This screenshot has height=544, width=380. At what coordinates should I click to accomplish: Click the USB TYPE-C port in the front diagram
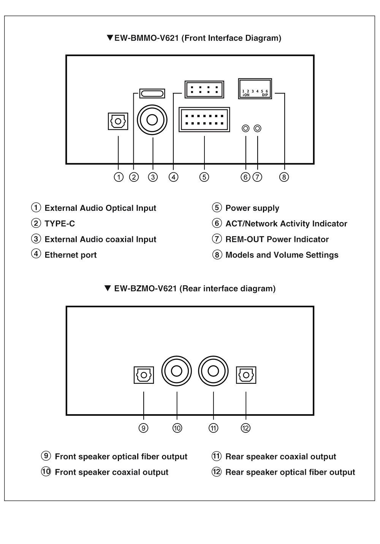152,93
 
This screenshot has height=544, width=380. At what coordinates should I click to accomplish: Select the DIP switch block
255,89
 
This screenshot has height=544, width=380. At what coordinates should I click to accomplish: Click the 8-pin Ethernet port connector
204,90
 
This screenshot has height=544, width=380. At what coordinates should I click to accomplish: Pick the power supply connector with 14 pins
204,120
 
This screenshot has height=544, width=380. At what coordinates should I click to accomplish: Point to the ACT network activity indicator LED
245,128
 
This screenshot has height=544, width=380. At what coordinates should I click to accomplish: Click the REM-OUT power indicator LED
258,128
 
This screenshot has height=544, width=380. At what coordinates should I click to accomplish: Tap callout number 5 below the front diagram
204,177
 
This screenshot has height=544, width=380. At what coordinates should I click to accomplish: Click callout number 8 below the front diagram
284,177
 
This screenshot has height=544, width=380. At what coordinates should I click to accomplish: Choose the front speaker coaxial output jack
177,371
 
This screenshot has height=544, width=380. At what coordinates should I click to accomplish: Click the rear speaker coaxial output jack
213,371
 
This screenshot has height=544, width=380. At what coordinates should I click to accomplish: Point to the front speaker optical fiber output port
144,375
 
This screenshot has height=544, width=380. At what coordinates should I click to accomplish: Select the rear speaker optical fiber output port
246,375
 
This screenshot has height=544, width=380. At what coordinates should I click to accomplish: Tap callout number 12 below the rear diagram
245,428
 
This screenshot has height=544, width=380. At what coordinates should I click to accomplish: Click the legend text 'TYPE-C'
60,224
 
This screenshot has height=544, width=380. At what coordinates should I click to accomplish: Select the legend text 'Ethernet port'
71,255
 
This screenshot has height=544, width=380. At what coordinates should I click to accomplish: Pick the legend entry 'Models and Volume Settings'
282,255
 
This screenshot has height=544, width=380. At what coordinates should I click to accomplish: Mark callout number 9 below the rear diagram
143,428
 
